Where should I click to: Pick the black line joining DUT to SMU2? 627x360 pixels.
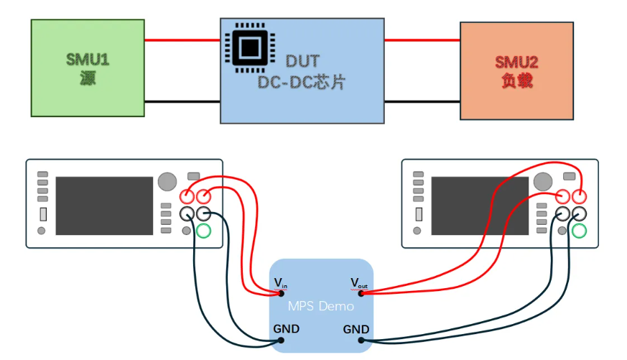422,102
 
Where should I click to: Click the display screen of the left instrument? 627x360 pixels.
103,206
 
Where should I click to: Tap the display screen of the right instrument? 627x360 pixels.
479,206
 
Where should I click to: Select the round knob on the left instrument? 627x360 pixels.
167,180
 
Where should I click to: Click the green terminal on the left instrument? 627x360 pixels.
203,231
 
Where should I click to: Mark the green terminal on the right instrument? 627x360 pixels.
579,231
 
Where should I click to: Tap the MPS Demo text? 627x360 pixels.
321,305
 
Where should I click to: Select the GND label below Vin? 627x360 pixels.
287,329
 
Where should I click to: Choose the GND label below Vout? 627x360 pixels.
356,329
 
